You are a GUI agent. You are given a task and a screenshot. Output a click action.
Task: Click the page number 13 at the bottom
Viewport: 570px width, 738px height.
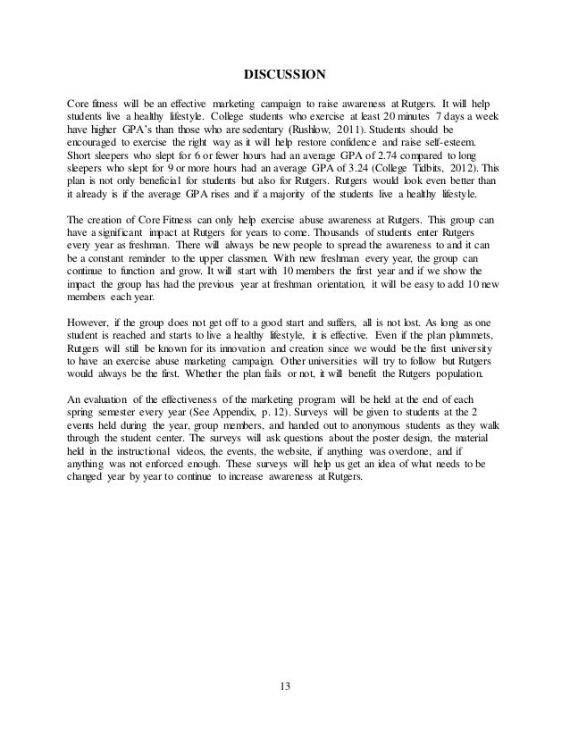(285, 686)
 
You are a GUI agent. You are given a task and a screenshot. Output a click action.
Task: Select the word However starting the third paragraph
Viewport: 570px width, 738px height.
(92, 319)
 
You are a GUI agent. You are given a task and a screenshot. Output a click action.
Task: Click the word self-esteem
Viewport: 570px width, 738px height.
(453, 143)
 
